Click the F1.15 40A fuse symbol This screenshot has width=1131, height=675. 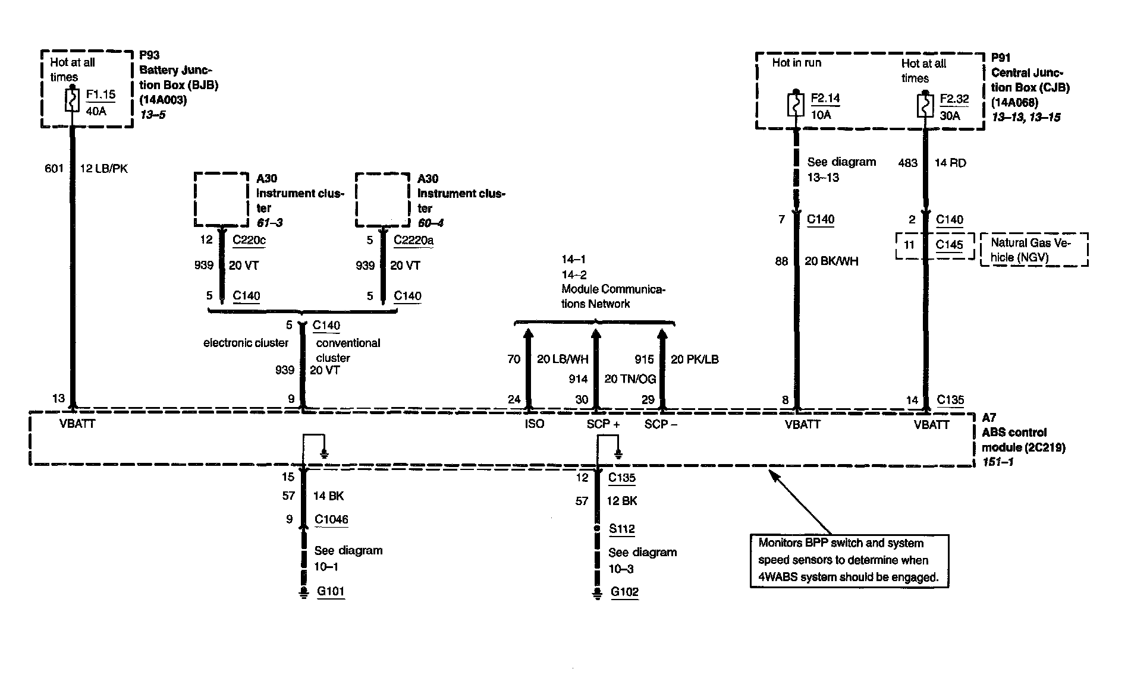(72, 100)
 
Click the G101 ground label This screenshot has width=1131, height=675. (331, 591)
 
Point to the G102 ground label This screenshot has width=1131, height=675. (624, 592)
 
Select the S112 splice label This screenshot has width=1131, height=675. (621, 529)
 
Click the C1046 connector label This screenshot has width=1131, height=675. (331, 519)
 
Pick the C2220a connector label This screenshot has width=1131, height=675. (413, 240)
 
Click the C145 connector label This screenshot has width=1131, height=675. (949, 245)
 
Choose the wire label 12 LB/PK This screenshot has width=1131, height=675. (103, 169)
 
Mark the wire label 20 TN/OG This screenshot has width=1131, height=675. (630, 379)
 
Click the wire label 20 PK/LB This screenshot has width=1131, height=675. (695, 359)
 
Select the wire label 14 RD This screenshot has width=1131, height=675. (950, 163)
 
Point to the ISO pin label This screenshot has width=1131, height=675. (534, 424)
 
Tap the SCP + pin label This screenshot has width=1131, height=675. (603, 424)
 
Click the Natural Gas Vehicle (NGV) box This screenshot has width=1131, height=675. (1033, 250)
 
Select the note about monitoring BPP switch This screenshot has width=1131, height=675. (849, 560)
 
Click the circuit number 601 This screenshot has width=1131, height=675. (54, 169)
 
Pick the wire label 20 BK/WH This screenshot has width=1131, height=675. (831, 261)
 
